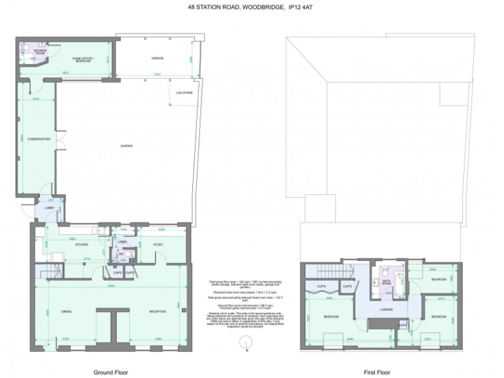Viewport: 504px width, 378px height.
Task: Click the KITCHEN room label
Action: (81, 245)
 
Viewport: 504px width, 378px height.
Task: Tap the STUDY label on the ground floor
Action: (158, 245)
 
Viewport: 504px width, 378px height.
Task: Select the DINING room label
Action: (66, 311)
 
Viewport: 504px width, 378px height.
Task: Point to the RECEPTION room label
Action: (157, 311)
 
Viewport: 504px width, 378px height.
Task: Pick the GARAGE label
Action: (157, 58)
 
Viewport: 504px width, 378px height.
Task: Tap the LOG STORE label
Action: (183, 93)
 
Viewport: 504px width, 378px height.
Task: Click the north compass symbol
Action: (245, 341)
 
